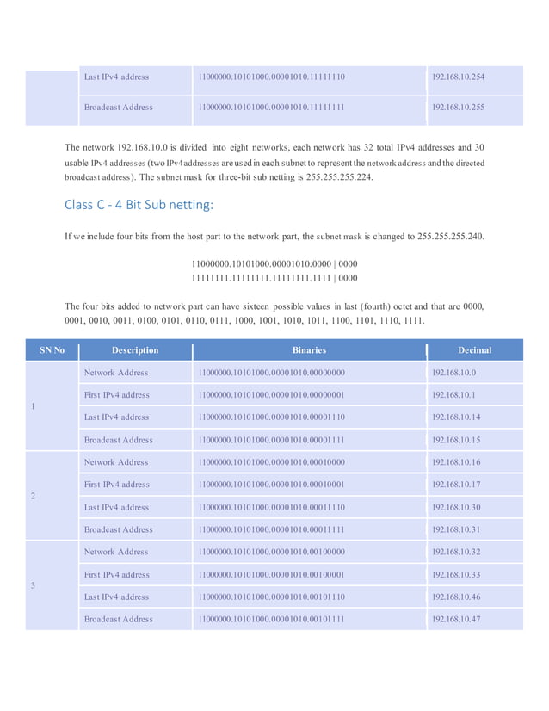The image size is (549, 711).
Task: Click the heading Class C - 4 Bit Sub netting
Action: pos(138,205)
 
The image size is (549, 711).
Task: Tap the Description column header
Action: pos(135,350)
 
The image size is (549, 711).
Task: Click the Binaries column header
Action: pos(309,350)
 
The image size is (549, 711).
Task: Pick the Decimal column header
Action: pos(474,350)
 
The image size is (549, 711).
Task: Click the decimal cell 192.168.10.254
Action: pos(458,77)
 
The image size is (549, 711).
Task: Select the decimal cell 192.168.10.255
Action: pos(458,108)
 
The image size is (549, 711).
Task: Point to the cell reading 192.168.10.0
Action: pos(453,373)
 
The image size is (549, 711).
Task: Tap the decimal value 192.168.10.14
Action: pos(456,417)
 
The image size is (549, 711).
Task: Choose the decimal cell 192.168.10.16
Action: pos(456,462)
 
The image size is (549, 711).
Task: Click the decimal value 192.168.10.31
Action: pos(456,529)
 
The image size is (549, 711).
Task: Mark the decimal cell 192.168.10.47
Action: pos(456,619)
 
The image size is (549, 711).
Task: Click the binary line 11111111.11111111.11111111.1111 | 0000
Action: pos(274,278)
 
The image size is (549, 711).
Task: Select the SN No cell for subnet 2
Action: pos(33,497)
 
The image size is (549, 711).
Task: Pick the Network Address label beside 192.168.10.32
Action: pos(116,552)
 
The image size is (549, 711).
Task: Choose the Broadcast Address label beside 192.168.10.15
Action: pos(119,440)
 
